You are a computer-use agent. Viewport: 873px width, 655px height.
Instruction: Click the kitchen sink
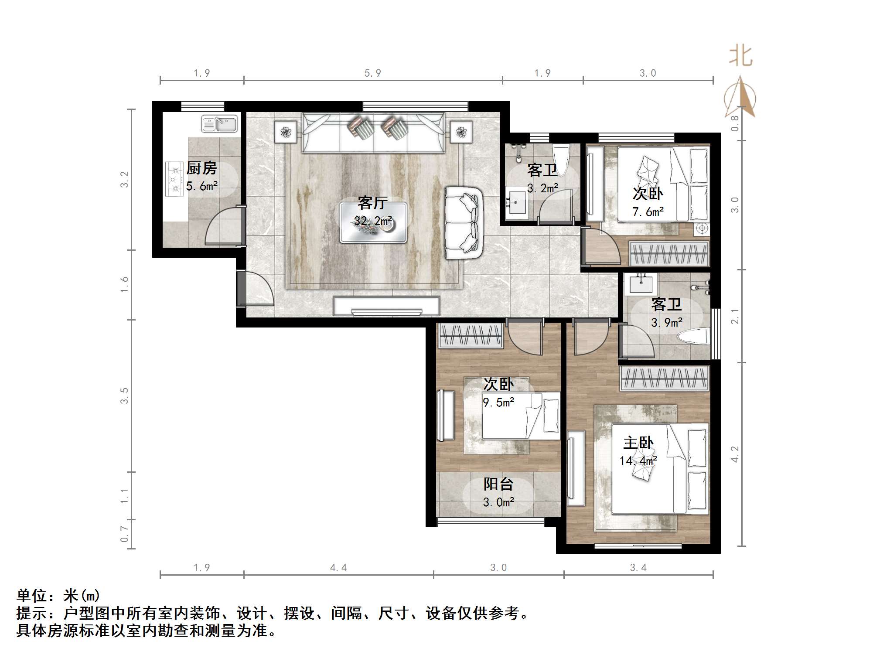pos(219,123)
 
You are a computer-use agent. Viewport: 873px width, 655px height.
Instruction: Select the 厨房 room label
pos(201,168)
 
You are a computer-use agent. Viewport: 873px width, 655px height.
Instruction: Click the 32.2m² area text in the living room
pos(373,221)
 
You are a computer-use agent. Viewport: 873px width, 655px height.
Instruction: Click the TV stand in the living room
pos(386,306)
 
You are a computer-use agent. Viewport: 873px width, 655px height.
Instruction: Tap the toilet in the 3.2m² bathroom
pos(560,160)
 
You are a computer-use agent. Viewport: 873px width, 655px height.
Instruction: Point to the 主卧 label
pos(638,443)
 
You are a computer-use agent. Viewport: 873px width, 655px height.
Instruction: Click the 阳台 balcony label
pos(498,484)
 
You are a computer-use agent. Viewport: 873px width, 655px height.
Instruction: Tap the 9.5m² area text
pos(498,402)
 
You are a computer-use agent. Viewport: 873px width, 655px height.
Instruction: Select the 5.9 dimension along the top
pos(373,73)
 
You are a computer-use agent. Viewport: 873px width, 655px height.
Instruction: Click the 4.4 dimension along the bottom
pos(338,567)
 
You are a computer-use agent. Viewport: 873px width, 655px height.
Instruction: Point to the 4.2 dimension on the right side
pos(735,454)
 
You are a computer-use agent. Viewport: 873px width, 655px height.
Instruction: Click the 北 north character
pos(741,57)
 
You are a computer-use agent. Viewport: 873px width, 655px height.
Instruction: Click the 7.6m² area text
pos(648,212)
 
